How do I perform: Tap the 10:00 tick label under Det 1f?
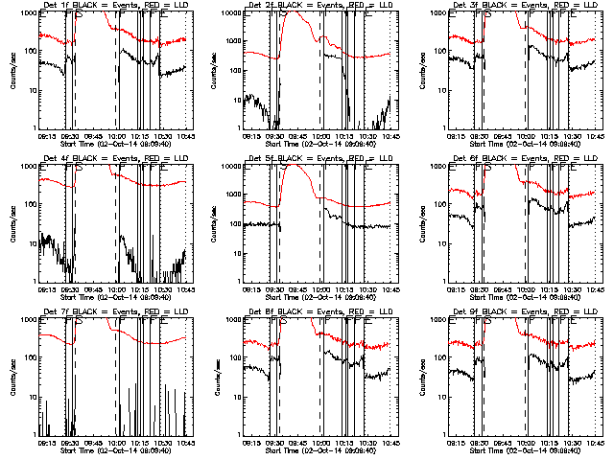[x=116, y=136]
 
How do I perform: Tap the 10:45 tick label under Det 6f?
[x=594, y=289]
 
